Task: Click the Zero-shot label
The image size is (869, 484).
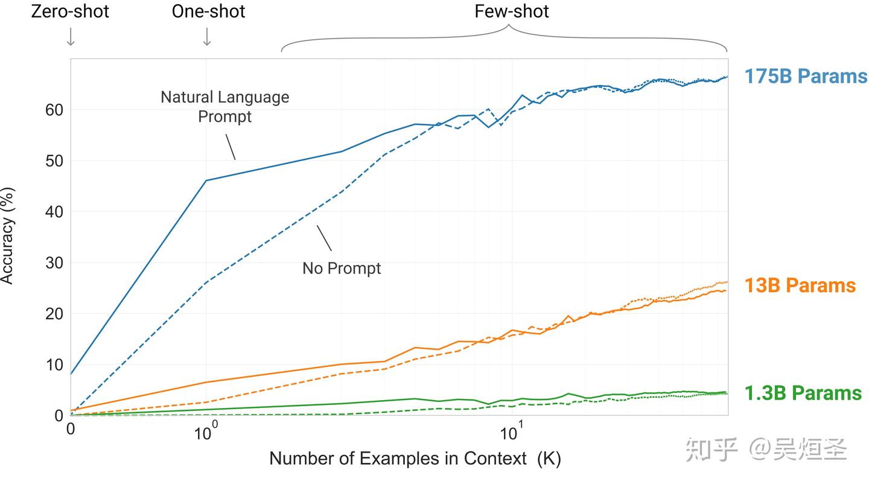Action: coord(70,11)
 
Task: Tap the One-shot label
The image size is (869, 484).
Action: coord(208,11)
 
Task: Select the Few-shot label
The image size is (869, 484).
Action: coord(512,11)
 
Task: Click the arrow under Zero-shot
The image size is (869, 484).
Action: coord(71,37)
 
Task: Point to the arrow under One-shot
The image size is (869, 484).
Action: coord(207,37)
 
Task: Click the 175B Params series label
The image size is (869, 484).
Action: coord(805,77)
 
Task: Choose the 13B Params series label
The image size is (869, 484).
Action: coord(800,285)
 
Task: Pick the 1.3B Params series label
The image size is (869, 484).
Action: coord(803,393)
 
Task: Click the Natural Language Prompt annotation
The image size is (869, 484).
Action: coord(224,106)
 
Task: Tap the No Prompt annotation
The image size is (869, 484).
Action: coord(342,269)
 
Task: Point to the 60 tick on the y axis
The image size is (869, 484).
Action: coord(54,110)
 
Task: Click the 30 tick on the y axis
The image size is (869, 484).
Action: coord(54,263)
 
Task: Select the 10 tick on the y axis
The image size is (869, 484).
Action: coord(54,365)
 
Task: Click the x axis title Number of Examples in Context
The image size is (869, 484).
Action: coord(415,459)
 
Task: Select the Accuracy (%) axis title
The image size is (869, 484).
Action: coord(7,235)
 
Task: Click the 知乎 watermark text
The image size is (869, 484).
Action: coord(712,450)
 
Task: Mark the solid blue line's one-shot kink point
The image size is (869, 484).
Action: coord(206,180)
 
